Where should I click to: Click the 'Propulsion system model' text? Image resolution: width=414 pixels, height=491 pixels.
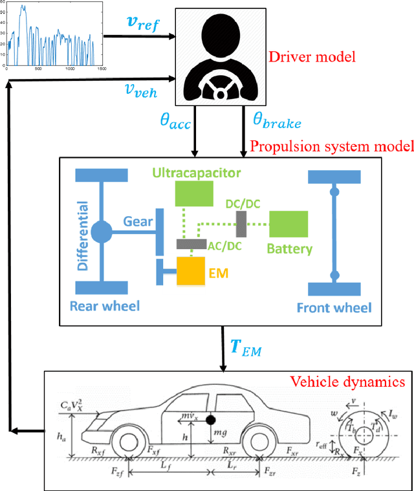pos(331,146)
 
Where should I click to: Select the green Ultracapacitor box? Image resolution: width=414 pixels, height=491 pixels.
pos(194,193)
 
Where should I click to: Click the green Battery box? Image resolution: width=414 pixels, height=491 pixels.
pos(288,224)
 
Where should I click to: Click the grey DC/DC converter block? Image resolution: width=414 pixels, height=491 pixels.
pos(240,224)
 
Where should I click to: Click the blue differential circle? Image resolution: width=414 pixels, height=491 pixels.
pos(102,231)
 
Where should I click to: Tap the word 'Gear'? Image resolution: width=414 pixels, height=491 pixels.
pos(138,221)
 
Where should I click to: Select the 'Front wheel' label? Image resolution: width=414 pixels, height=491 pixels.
pos(334,307)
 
